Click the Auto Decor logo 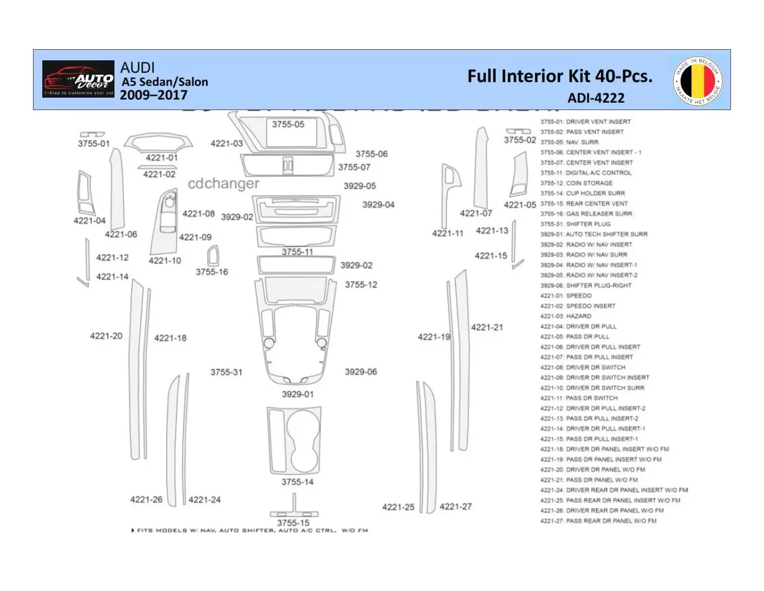[x=78, y=79]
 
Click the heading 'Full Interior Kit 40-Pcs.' [x=560, y=77]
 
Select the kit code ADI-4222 [x=595, y=98]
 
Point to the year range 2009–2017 [x=153, y=95]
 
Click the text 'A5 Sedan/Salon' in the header [x=164, y=81]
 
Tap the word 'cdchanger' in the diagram [x=223, y=184]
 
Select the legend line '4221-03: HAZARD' [x=566, y=316]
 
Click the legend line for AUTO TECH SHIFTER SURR [x=594, y=234]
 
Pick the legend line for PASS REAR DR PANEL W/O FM [x=598, y=521]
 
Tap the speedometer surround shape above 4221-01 [x=158, y=142]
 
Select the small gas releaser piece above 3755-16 [x=213, y=256]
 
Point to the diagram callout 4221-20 [x=106, y=336]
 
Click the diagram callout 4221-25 [x=398, y=507]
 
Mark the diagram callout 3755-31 [x=226, y=372]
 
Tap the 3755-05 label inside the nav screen [x=288, y=124]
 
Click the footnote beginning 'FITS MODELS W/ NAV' [x=250, y=531]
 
